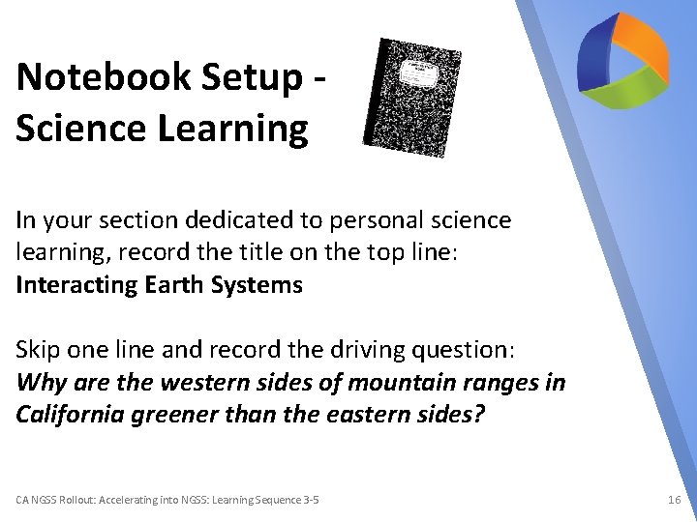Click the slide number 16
point(674,500)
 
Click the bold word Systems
point(263,285)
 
